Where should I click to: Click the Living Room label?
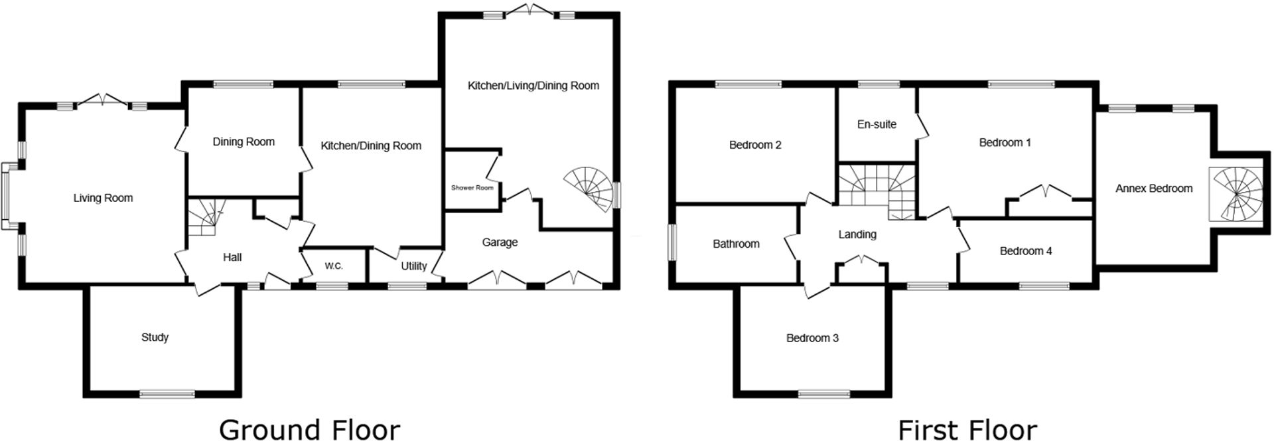(x=103, y=198)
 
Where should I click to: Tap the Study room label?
(x=155, y=337)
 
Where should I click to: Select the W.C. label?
(x=334, y=266)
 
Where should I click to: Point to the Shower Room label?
(x=472, y=188)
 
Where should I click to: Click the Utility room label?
(x=413, y=266)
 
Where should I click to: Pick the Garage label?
(x=500, y=242)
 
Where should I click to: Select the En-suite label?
(x=877, y=124)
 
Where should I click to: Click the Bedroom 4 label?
(x=1026, y=251)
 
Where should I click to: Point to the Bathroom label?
(x=736, y=244)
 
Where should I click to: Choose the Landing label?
(x=857, y=234)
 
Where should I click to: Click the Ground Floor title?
(x=309, y=430)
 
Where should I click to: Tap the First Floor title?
(x=967, y=430)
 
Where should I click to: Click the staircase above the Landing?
(x=877, y=189)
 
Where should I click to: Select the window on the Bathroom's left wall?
(x=671, y=242)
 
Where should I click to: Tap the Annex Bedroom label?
(x=1154, y=189)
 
